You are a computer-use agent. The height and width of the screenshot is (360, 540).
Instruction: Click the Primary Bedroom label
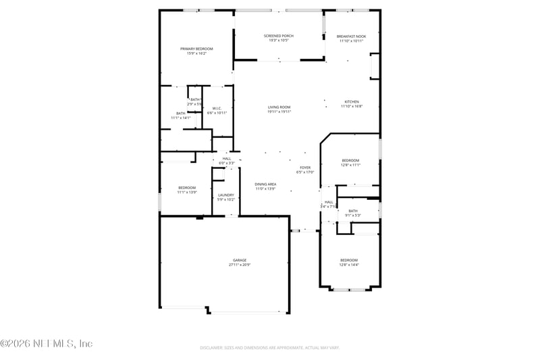[x=196, y=49]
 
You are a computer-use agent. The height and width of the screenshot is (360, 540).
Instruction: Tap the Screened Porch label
[x=277, y=36]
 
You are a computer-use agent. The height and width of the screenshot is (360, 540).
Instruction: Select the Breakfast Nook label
[x=351, y=36]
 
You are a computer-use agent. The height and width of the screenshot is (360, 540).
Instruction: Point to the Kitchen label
[x=352, y=102]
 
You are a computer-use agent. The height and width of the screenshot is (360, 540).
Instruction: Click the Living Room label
[x=279, y=107]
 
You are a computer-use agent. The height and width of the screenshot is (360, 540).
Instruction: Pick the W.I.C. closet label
[x=217, y=108]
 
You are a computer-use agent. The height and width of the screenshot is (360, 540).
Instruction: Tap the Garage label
[x=240, y=260]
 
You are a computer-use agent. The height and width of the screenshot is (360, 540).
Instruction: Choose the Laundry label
[x=225, y=195]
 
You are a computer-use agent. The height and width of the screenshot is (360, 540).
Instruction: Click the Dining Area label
[x=265, y=184]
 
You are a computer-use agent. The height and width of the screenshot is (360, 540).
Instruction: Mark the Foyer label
[x=305, y=168]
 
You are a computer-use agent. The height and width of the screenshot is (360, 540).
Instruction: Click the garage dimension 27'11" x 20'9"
[x=240, y=265]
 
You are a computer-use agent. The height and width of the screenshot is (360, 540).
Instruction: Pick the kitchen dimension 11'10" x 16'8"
[x=352, y=106]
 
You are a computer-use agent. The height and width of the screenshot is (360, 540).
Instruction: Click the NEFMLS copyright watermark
[x=47, y=344]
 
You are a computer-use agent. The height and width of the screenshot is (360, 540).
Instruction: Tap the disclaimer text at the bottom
[x=269, y=347]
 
